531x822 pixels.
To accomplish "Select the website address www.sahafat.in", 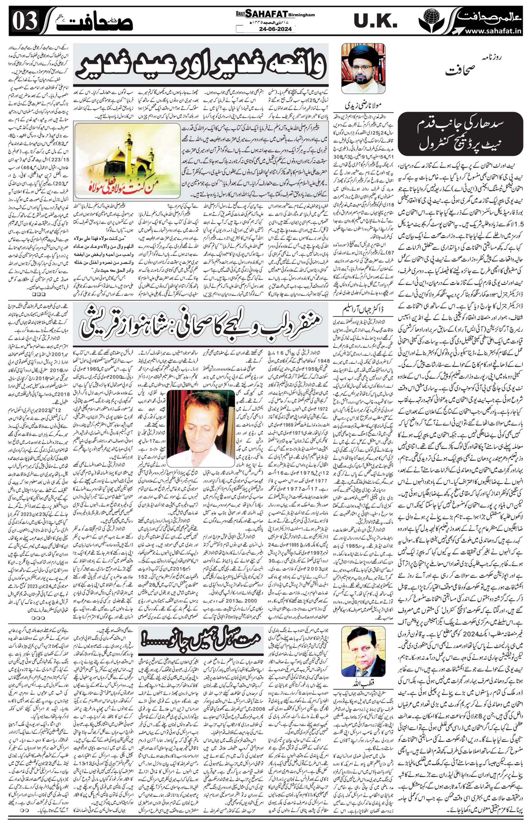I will point(493,31).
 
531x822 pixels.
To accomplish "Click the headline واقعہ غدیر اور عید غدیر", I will point(201,65).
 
